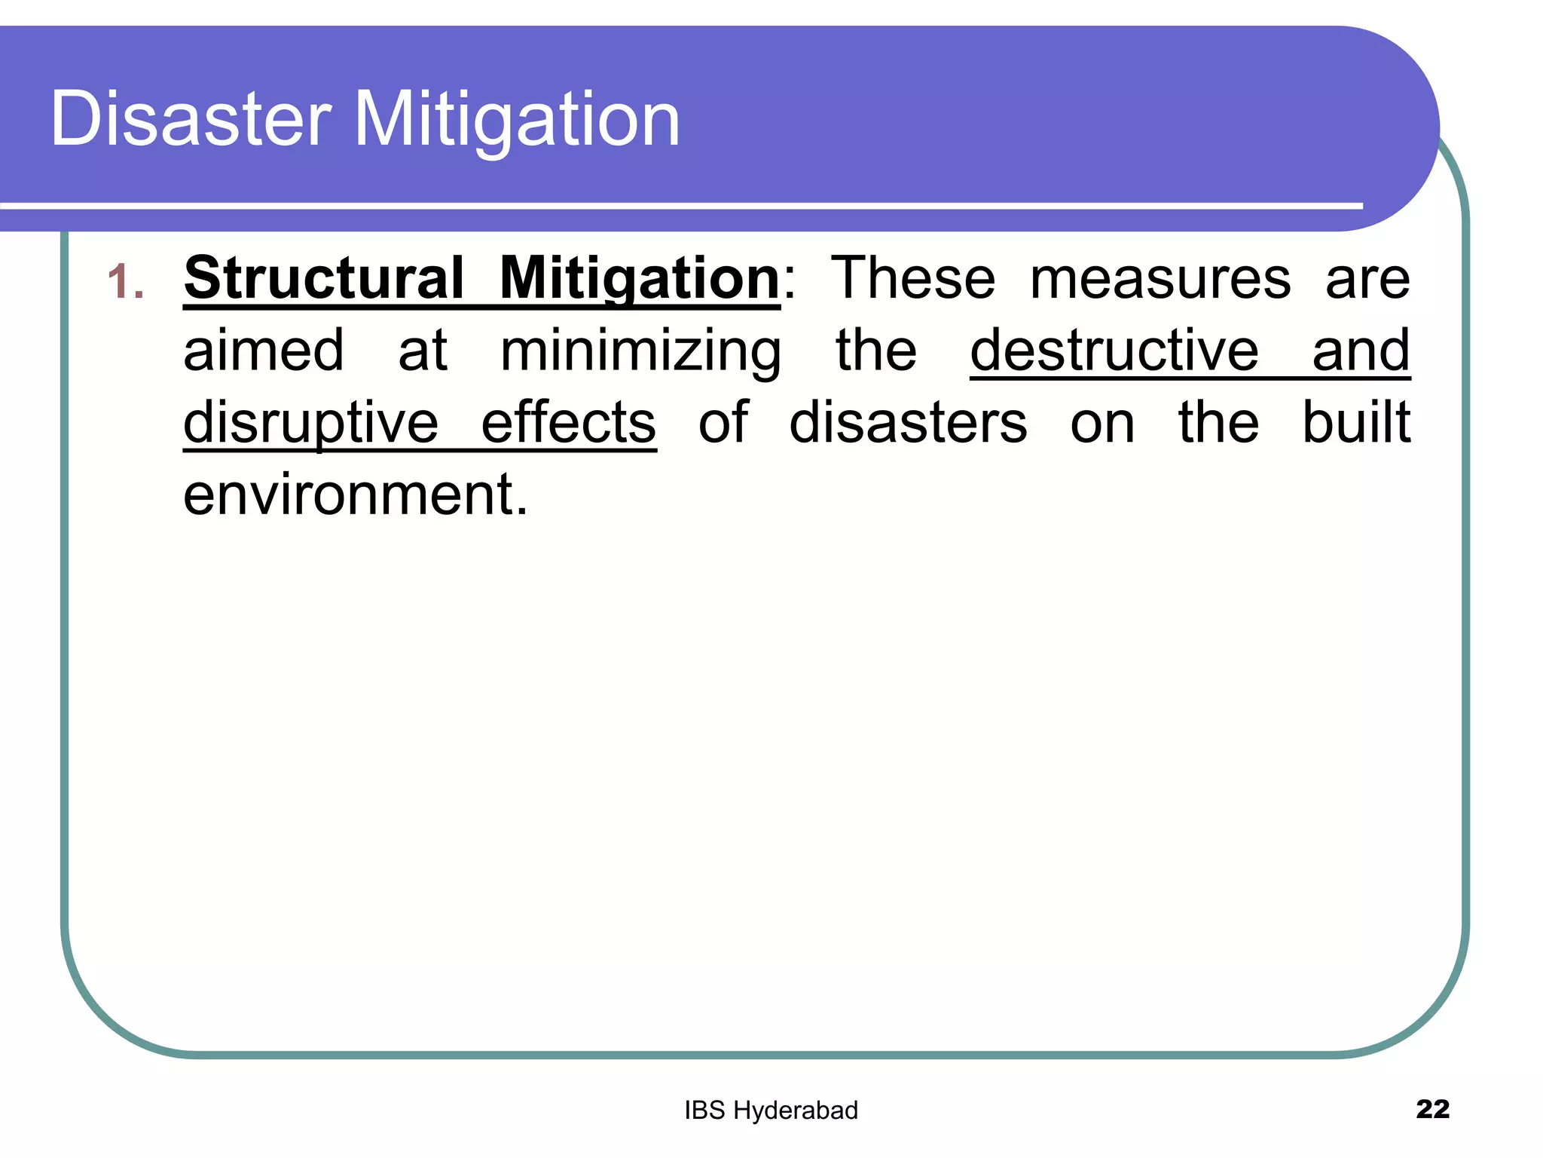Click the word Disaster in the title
tap(190, 119)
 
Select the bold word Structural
tap(324, 278)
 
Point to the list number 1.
tap(124, 282)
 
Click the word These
tap(912, 278)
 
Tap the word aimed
tap(264, 351)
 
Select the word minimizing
tap(640, 352)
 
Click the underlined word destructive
tap(1114, 351)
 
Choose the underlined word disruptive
tap(310, 423)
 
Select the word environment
tap(356, 495)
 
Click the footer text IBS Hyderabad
tap(771, 1111)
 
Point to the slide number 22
tap(1432, 1109)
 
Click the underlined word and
tap(1361, 351)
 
